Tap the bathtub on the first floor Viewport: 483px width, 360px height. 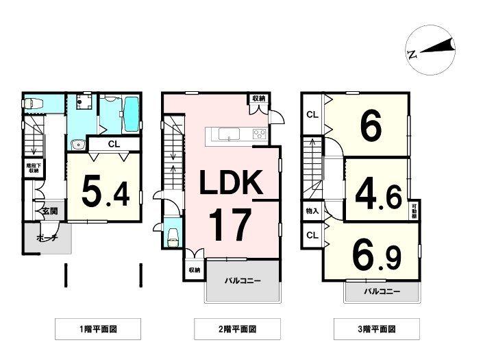coord(130,112)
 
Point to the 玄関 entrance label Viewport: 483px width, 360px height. coord(49,211)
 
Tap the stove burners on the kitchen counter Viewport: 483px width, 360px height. coord(260,133)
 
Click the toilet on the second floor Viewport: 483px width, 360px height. coord(172,237)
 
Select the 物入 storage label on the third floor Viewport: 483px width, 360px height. coord(312,211)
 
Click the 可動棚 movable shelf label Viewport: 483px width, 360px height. coord(414,211)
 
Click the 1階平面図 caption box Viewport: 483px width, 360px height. coord(98,328)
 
